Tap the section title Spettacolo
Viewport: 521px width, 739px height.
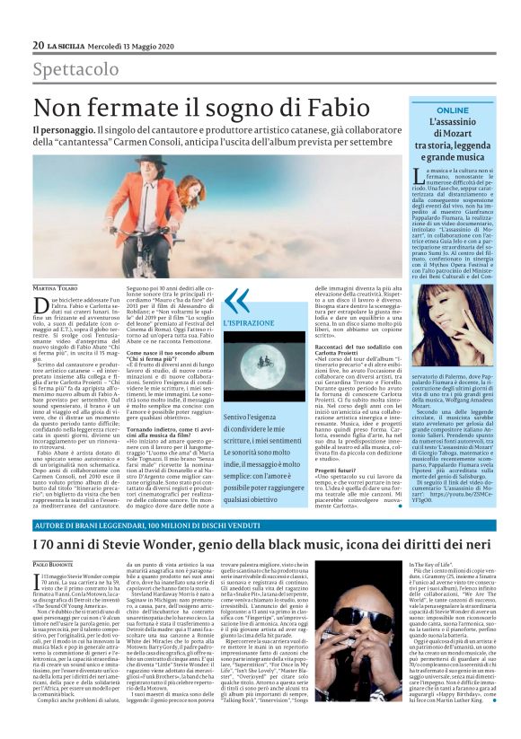(74, 70)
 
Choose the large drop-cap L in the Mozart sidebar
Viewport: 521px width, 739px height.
(419, 177)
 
